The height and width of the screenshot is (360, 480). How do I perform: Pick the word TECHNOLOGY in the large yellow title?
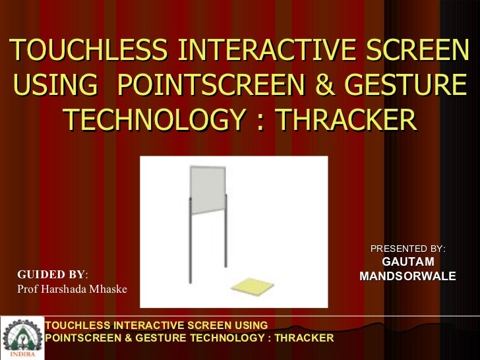tap(156, 120)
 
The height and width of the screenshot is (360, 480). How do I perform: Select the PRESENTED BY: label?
tap(407, 249)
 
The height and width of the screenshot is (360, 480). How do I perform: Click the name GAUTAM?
tap(407, 262)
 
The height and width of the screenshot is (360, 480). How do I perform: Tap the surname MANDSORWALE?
tap(407, 276)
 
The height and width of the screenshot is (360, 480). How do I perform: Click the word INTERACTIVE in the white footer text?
tap(147, 326)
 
